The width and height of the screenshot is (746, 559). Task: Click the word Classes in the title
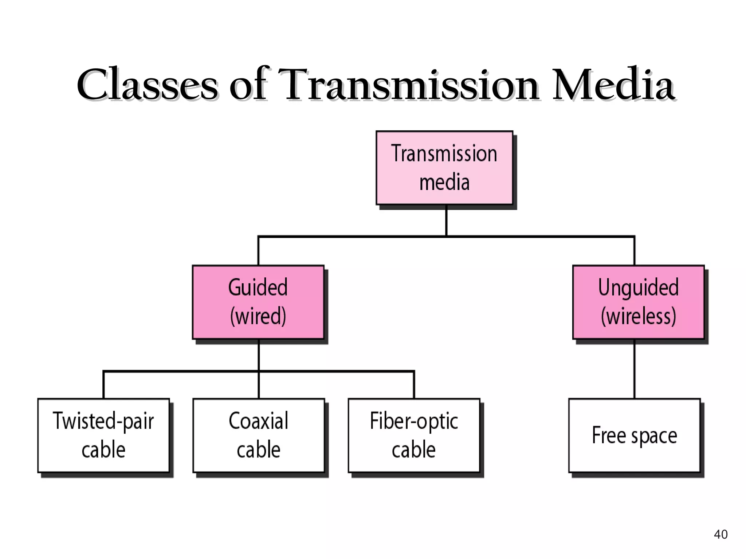(148, 84)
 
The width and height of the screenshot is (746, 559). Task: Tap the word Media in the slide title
(613, 84)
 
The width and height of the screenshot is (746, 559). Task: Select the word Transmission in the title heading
(409, 84)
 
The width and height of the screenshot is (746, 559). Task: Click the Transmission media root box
(444, 168)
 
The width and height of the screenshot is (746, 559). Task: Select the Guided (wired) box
(258, 302)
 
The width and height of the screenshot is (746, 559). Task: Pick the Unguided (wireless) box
(638, 302)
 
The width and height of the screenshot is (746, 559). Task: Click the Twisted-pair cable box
(103, 435)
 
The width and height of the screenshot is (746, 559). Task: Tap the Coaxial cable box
(259, 435)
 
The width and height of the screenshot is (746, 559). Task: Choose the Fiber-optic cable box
(414, 435)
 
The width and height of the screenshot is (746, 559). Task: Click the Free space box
(634, 435)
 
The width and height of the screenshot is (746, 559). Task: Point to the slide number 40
(721, 534)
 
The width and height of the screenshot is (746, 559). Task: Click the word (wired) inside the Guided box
(258, 316)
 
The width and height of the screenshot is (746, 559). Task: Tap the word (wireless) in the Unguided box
(638, 316)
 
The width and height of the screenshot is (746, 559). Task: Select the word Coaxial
(259, 421)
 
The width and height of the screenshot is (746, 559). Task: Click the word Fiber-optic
(414, 421)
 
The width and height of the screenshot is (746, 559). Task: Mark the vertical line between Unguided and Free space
(634, 369)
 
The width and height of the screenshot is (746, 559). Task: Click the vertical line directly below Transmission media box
(446, 221)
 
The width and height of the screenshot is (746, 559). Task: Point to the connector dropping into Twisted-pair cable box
(103, 385)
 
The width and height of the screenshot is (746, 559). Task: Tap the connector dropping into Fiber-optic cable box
(414, 385)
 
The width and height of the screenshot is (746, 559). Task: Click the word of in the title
(248, 84)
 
